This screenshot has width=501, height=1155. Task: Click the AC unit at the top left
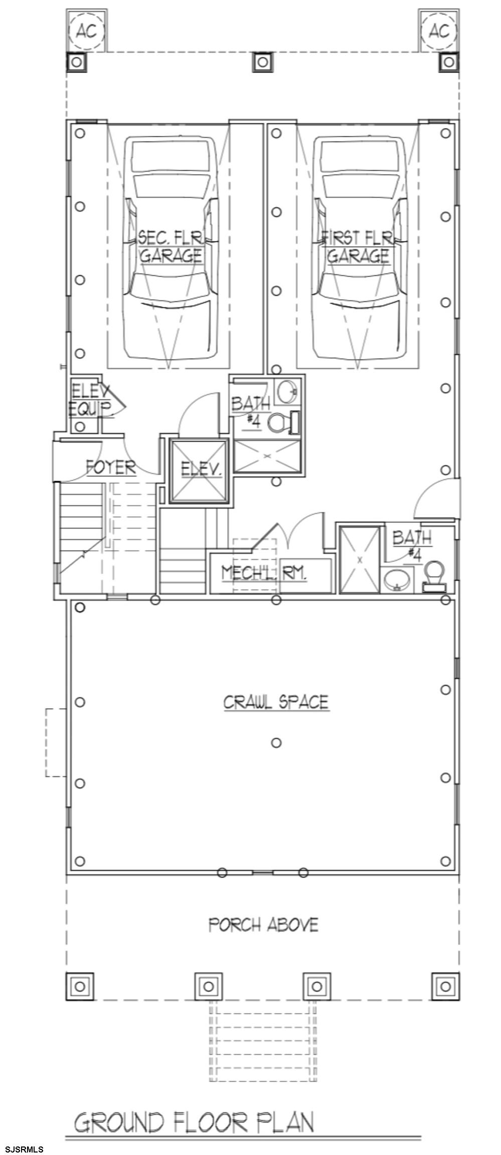click(x=86, y=31)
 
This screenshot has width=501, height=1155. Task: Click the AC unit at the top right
click(x=439, y=31)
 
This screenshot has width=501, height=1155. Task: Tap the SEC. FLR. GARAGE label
click(x=171, y=247)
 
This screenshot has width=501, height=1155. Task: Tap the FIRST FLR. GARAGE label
click(x=358, y=247)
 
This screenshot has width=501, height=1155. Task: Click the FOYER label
click(x=111, y=467)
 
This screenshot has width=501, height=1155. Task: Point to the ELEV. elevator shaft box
click(x=200, y=470)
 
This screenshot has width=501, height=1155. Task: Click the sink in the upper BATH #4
click(x=288, y=391)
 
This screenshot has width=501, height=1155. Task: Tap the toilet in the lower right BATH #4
click(x=434, y=574)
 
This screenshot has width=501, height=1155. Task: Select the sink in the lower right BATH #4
click(x=397, y=581)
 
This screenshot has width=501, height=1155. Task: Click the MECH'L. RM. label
click(x=264, y=572)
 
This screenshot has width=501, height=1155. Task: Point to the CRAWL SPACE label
click(x=276, y=702)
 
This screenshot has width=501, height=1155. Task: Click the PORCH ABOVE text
click(x=263, y=924)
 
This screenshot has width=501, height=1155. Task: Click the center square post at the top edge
click(x=262, y=62)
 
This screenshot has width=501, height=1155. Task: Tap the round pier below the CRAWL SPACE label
click(x=276, y=742)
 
